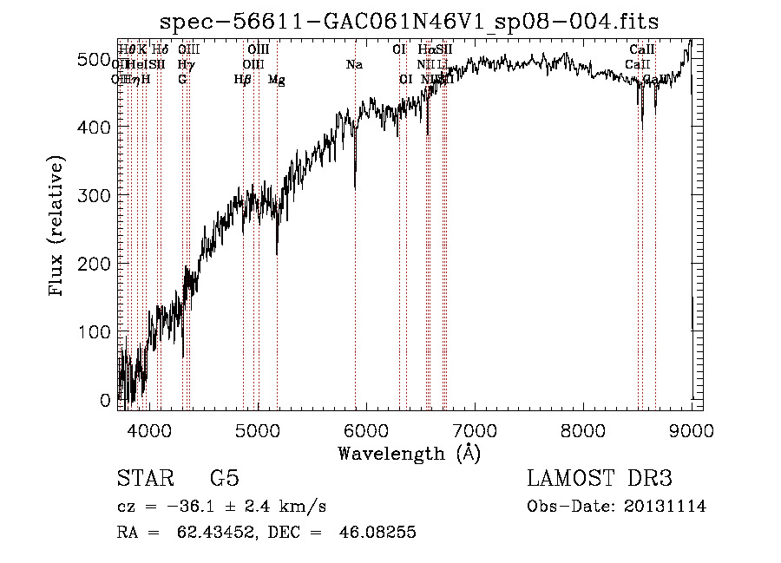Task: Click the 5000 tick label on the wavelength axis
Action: coord(257,429)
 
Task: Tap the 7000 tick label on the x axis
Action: coord(474,429)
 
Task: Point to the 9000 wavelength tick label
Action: coord(691,429)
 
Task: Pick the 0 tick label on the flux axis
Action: coord(105,401)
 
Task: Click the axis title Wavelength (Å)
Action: coord(409,453)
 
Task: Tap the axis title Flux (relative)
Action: coord(58,226)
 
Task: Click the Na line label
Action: coord(354,65)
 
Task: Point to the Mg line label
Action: coord(276,80)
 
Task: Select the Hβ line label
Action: coord(243,80)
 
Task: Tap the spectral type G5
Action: coord(224,479)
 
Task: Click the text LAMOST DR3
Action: coord(600,479)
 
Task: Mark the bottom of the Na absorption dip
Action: coord(355,187)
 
